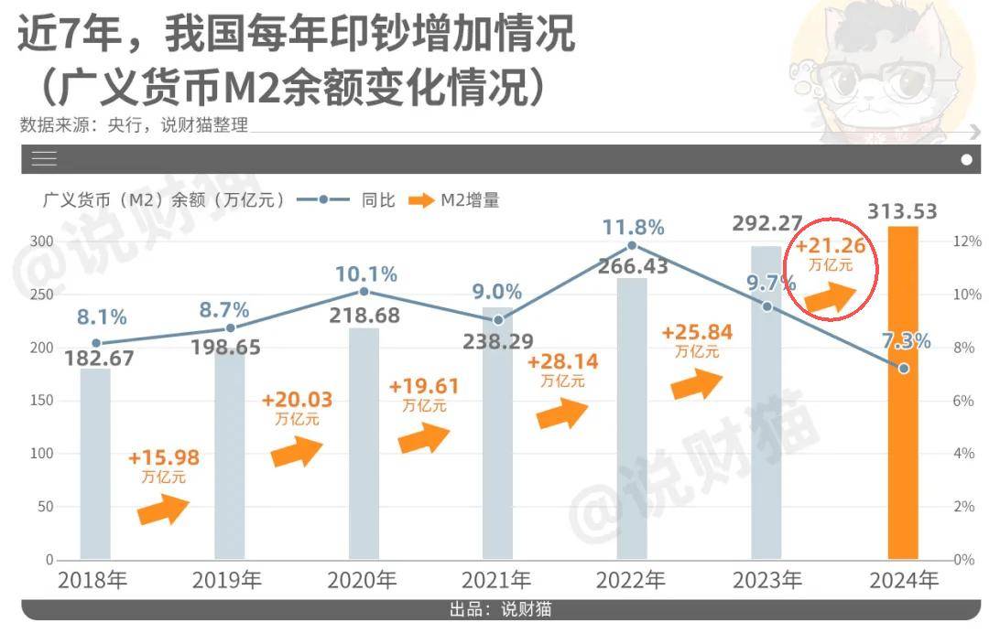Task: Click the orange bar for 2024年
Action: [902, 393]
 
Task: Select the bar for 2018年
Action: [95, 463]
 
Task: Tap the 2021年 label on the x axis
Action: [496, 580]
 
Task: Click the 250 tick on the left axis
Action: [41, 295]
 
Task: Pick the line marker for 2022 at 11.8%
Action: [633, 246]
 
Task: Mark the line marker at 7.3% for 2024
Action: [904, 368]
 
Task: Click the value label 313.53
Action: [903, 212]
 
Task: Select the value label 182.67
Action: [100, 358]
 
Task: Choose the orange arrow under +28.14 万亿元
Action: [562, 413]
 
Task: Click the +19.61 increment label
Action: [424, 386]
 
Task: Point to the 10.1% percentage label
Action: [365, 274]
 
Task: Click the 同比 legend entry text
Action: [378, 200]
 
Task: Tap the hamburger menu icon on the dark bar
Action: [44, 159]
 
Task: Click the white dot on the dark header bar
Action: [967, 159]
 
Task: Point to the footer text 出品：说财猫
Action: [500, 609]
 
